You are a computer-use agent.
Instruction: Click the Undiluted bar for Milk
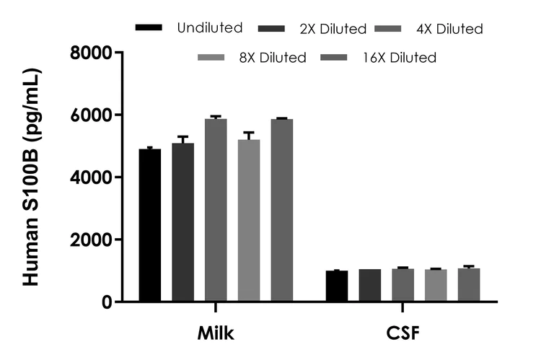[x=150, y=225]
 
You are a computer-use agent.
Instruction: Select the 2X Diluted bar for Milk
[x=183, y=222]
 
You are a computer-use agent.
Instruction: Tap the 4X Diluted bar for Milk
[x=216, y=210]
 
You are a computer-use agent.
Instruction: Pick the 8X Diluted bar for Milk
[x=249, y=220]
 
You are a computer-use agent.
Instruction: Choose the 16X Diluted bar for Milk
[x=282, y=210]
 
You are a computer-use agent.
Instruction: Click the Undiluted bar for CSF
[x=336, y=286]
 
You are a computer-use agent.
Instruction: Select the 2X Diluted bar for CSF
[x=369, y=286]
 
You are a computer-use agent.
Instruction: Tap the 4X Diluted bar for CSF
[x=403, y=285]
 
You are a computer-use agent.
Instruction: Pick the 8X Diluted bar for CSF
[x=435, y=286]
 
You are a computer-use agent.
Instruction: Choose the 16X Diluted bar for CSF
[x=468, y=285]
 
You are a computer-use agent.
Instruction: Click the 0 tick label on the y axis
[x=107, y=302]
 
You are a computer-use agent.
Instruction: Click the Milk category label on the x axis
[x=216, y=335]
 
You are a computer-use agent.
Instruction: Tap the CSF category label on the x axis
[x=403, y=335]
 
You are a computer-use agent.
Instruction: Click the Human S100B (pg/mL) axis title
[x=32, y=177]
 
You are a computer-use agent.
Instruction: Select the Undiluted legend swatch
[x=149, y=27]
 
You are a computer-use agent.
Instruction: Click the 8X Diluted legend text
[x=273, y=58]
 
